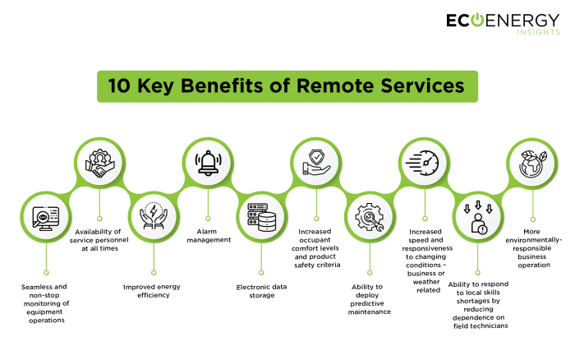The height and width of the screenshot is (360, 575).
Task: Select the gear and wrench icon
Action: click(x=369, y=218)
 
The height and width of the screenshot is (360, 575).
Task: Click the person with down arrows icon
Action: click(x=477, y=218)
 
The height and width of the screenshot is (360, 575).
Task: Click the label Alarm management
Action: click(x=208, y=236)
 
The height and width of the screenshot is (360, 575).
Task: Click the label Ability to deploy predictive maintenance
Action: click(x=369, y=299)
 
